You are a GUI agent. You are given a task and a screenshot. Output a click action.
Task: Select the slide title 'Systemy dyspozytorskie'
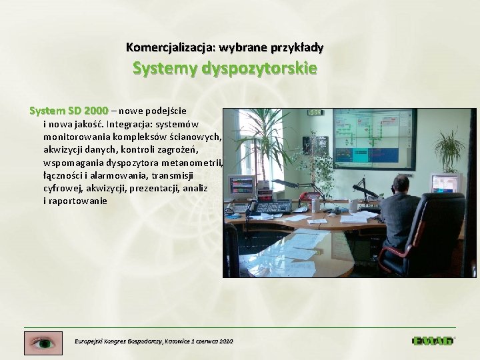pos(225,68)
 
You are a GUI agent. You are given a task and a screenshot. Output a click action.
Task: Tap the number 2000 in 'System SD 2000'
pos(97,110)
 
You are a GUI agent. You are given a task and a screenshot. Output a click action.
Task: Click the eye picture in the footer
pos(43,343)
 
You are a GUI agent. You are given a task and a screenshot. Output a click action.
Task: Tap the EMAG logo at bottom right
pos(433,341)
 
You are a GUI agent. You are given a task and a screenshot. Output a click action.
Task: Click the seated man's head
pos(401,184)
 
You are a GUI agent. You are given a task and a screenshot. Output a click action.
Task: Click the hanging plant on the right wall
pos(449,143)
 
